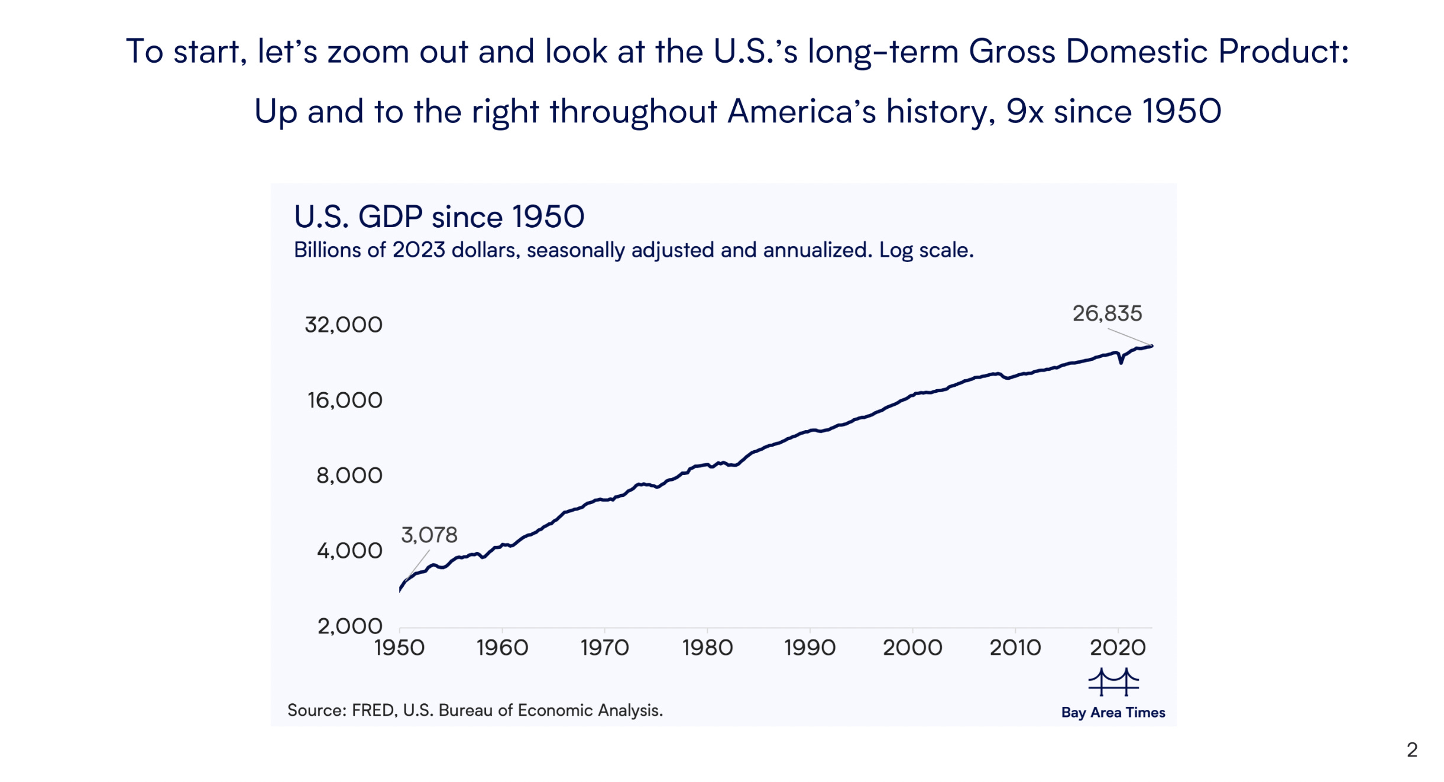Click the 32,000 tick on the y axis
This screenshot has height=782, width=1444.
pos(344,325)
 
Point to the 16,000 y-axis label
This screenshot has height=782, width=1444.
pos(345,400)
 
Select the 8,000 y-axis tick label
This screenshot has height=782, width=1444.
pos(349,476)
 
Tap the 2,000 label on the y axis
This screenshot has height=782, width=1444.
pos(349,626)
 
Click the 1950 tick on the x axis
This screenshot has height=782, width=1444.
pos(399,648)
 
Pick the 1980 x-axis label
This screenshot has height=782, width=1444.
pos(707,648)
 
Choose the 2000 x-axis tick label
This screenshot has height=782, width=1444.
pos(912,648)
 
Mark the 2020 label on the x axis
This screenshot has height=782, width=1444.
pos(1118,648)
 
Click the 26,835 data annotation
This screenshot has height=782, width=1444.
pos(1107,314)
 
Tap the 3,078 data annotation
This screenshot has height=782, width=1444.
pos(429,535)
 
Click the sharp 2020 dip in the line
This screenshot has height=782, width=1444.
pos(1121,361)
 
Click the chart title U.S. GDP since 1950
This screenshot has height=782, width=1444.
pos(439,216)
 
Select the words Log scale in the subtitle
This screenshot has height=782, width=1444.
pos(925,250)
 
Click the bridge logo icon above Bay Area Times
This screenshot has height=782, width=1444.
pos(1113,682)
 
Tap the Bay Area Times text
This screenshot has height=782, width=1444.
pos(1113,713)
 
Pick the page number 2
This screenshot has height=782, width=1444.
pos(1412,750)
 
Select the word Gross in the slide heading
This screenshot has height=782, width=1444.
pos(1011,51)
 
